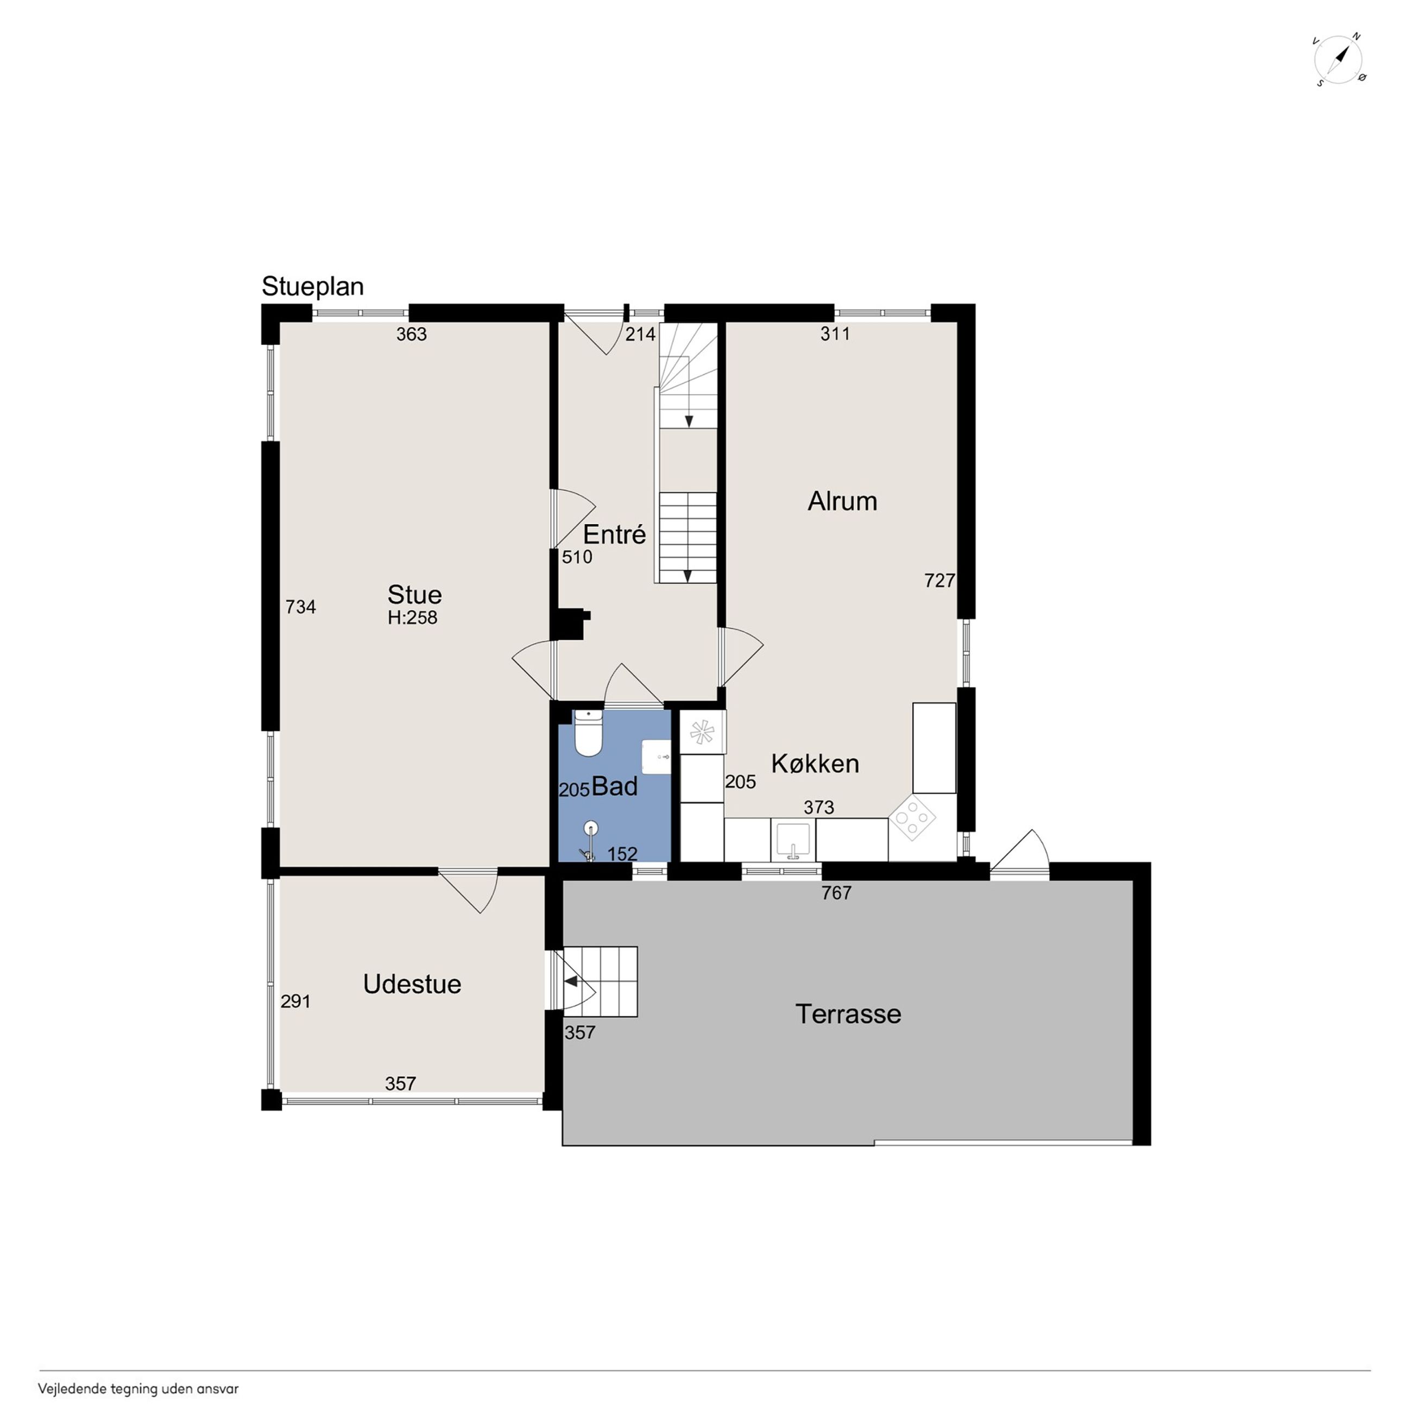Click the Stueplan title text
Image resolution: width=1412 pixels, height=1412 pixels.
pyautogui.click(x=313, y=287)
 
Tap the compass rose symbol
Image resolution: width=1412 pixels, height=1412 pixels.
pyautogui.click(x=1339, y=59)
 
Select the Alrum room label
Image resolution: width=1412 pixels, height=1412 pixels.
pyautogui.click(x=842, y=501)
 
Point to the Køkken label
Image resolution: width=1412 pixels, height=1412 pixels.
pyautogui.click(x=815, y=764)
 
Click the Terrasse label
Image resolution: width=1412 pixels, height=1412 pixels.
pyautogui.click(x=848, y=1014)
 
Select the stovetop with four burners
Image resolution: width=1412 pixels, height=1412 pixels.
pyautogui.click(x=912, y=816)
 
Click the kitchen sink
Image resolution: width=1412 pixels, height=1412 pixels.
pyautogui.click(x=793, y=839)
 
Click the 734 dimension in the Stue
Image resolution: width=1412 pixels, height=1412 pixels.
pyautogui.click(x=300, y=607)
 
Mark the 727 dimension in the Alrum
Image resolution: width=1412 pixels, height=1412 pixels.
pyautogui.click(x=940, y=581)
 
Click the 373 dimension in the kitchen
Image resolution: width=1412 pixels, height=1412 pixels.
pyautogui.click(x=818, y=807)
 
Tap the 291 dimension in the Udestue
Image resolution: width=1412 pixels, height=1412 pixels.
pyautogui.click(x=295, y=1001)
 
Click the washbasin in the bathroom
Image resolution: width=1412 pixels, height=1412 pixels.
pyautogui.click(x=656, y=757)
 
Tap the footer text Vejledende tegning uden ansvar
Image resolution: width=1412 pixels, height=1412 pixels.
pyautogui.click(x=138, y=1389)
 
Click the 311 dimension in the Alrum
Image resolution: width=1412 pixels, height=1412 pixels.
pyautogui.click(x=835, y=334)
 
